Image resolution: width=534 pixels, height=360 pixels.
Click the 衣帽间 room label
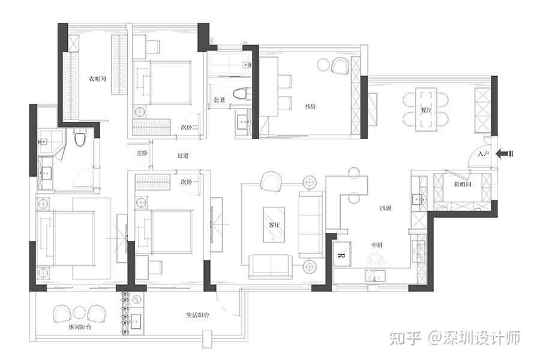coord(97,79)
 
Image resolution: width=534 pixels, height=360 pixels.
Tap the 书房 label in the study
coord(310,107)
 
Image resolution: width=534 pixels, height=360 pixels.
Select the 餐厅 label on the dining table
coord(426,110)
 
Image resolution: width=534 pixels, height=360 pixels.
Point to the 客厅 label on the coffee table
coord(274,225)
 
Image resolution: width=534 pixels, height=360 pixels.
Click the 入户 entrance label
coord(483,154)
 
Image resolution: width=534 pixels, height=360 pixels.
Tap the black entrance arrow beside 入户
coord(505,154)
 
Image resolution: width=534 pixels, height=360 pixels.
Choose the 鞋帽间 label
coord(462,184)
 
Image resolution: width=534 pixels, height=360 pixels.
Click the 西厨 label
coord(385,208)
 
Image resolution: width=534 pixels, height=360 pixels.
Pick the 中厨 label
coord(377,245)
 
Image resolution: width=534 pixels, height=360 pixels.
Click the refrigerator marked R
coord(341,255)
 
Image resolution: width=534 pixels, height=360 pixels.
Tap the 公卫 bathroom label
coord(219,100)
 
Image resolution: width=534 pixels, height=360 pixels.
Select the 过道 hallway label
coord(183,156)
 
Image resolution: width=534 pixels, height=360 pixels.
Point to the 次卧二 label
coord(190,128)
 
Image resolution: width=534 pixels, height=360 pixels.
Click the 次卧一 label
coord(190,182)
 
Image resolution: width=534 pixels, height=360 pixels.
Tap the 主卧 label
coord(142,153)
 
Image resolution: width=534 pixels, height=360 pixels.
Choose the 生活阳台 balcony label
coord(197,315)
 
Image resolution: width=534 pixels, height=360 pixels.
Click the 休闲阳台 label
coord(80,328)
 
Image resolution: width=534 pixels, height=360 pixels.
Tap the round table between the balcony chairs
coord(79,313)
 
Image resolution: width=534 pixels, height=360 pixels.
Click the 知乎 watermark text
coord(405,338)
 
